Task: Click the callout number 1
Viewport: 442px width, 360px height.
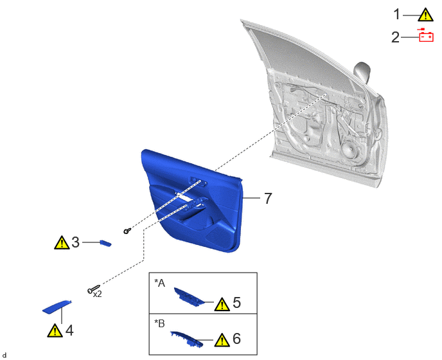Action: (x=396, y=15)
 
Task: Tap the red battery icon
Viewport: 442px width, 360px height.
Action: (x=426, y=35)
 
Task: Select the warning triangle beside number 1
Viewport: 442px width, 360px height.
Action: (x=425, y=15)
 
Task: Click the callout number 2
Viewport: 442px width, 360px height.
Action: (x=396, y=37)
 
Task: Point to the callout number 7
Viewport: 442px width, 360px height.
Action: (x=268, y=198)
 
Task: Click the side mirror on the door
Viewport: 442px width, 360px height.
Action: (x=362, y=72)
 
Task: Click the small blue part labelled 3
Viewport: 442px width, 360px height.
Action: (x=106, y=243)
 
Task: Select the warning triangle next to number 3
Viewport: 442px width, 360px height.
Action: (x=62, y=242)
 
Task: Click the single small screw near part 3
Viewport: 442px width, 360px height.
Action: (x=127, y=231)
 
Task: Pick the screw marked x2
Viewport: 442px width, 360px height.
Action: (x=94, y=289)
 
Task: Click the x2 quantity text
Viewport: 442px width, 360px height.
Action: (x=97, y=294)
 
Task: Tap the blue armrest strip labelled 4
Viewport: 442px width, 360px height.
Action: (x=57, y=307)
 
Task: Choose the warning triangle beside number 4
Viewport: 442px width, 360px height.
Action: (x=55, y=330)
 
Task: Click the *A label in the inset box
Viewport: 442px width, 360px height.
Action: (x=159, y=283)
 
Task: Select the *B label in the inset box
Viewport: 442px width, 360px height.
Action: (x=159, y=323)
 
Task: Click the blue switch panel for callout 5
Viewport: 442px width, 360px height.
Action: (x=189, y=296)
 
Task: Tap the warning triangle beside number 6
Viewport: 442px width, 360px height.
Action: (x=222, y=339)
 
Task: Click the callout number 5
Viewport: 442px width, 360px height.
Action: (x=237, y=302)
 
